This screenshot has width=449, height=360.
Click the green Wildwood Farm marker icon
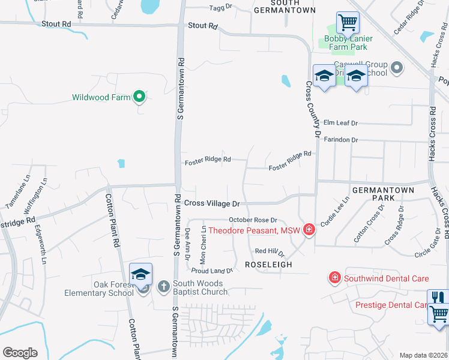(139, 96)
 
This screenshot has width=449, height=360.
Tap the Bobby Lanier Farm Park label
(348, 43)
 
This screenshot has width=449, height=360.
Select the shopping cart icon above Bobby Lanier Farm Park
(348, 23)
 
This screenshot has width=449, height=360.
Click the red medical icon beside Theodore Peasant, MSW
(309, 229)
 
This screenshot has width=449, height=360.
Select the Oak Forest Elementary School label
(100, 289)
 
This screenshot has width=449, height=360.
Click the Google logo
(20, 353)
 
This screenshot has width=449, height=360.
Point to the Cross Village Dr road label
(212, 204)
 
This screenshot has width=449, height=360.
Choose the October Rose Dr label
(253, 220)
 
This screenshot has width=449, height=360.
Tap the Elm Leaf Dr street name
(340, 123)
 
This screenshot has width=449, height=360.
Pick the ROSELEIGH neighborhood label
(268, 264)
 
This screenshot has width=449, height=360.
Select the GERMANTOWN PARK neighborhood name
(383, 193)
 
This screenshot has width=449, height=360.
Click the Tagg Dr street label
(220, 8)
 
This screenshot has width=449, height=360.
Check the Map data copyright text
(423, 355)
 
